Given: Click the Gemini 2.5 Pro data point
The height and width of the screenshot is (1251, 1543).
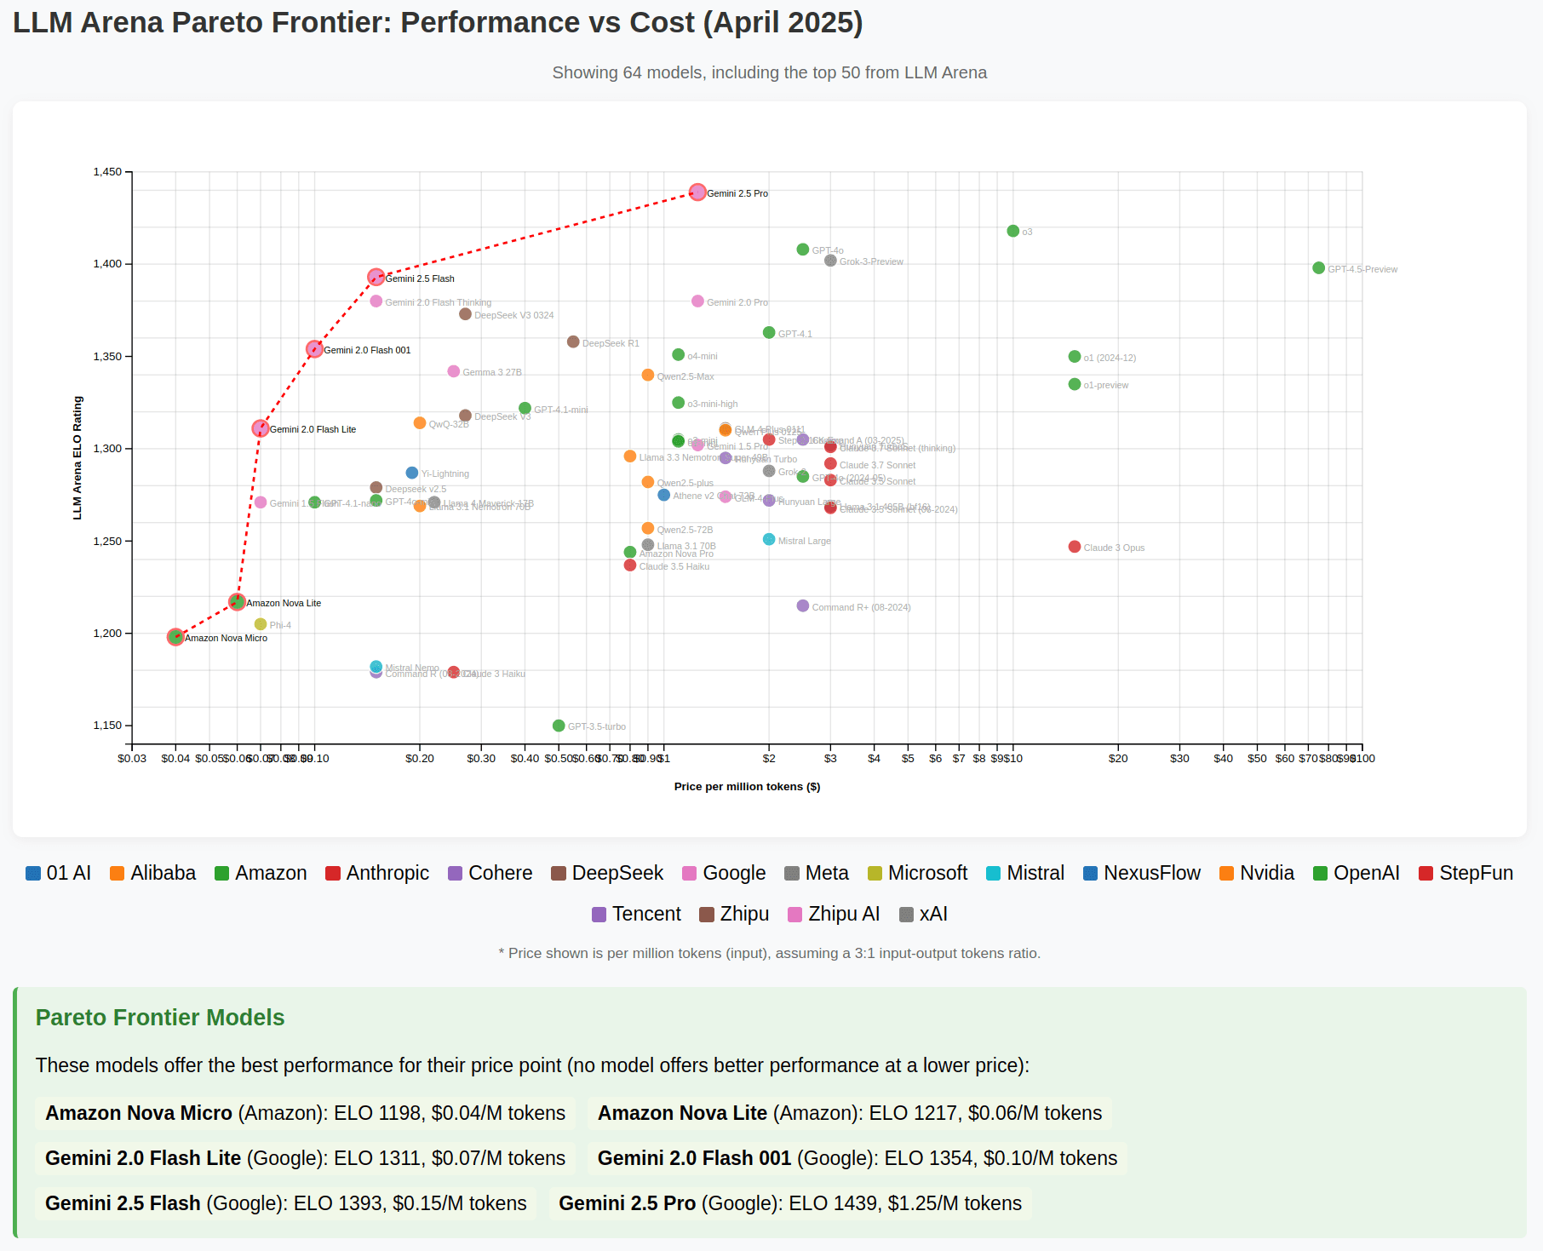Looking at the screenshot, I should [x=697, y=192].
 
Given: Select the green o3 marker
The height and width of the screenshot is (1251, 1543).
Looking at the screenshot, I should [x=1012, y=231].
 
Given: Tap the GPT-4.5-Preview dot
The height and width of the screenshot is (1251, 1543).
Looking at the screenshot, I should [x=1318, y=268].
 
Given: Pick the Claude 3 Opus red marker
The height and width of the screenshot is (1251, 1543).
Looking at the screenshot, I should [x=1074, y=547].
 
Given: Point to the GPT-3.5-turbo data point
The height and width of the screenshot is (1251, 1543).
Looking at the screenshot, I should [x=559, y=726].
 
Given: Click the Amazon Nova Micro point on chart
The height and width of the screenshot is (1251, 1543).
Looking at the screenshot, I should [x=175, y=637].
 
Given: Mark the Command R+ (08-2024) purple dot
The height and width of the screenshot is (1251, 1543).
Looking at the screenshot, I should [x=802, y=606].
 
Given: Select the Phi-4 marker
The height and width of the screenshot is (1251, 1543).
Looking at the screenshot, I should [x=261, y=624].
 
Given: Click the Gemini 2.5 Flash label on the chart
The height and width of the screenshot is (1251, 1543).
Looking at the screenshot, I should [x=420, y=278].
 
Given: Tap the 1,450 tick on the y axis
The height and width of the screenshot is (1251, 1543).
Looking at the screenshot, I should [x=107, y=172].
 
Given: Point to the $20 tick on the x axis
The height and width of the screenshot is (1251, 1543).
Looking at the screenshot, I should [x=1118, y=759].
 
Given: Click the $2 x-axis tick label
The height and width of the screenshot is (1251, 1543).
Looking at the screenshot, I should [x=769, y=759].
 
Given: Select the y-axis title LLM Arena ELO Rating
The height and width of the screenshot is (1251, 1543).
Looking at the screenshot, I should [x=77, y=458].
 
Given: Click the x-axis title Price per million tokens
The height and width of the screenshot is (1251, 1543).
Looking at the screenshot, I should [x=747, y=787].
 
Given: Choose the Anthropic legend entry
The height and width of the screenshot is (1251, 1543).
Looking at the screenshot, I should [x=377, y=873].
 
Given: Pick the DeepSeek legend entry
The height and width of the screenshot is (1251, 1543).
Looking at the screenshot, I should [x=607, y=873].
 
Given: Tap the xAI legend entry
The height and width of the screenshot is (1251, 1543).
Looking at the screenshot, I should [x=924, y=914].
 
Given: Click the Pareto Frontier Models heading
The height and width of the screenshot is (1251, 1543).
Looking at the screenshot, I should [x=160, y=1018].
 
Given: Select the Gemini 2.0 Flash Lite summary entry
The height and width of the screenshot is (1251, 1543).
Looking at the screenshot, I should [x=305, y=1158].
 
